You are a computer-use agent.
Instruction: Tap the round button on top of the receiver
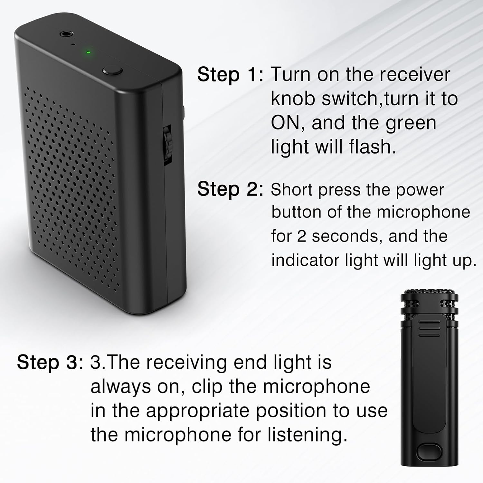(112, 71)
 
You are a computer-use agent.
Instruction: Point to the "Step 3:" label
(50, 363)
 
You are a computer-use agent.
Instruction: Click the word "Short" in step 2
(292, 190)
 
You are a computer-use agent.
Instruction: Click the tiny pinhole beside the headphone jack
(73, 44)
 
